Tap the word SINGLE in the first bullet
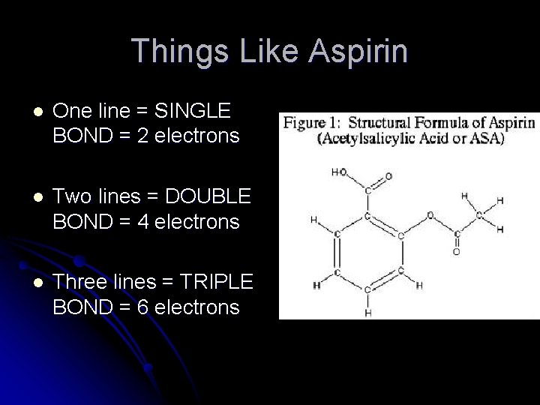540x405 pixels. click(x=193, y=111)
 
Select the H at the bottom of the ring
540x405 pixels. click(x=367, y=312)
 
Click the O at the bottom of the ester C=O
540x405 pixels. click(x=456, y=253)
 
